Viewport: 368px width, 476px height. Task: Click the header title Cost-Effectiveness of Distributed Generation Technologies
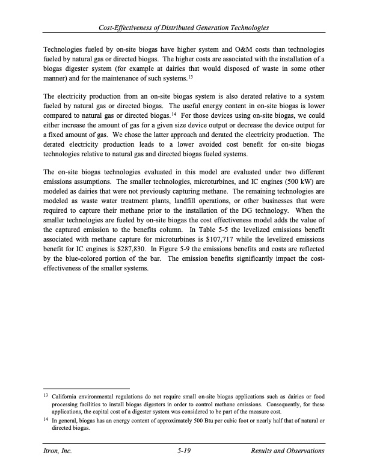point(184,28)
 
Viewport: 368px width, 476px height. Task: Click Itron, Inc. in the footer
point(57,451)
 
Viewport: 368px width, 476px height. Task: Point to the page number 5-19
point(184,451)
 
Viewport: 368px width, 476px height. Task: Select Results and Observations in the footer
point(288,451)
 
